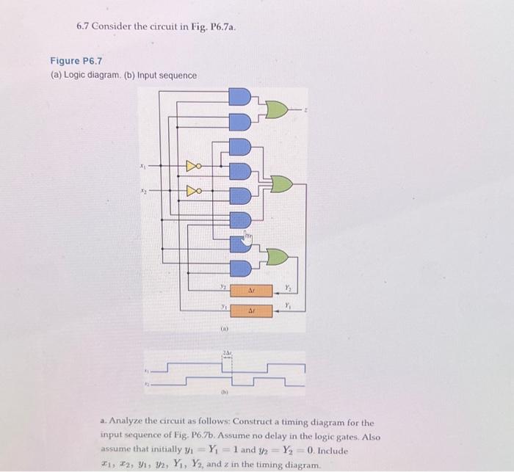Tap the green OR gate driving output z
click(276, 109)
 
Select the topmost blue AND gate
click(240, 96)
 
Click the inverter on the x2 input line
click(193, 192)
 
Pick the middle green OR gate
click(282, 184)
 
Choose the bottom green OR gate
click(277, 256)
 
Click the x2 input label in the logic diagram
click(143, 192)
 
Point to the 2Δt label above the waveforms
click(228, 355)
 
